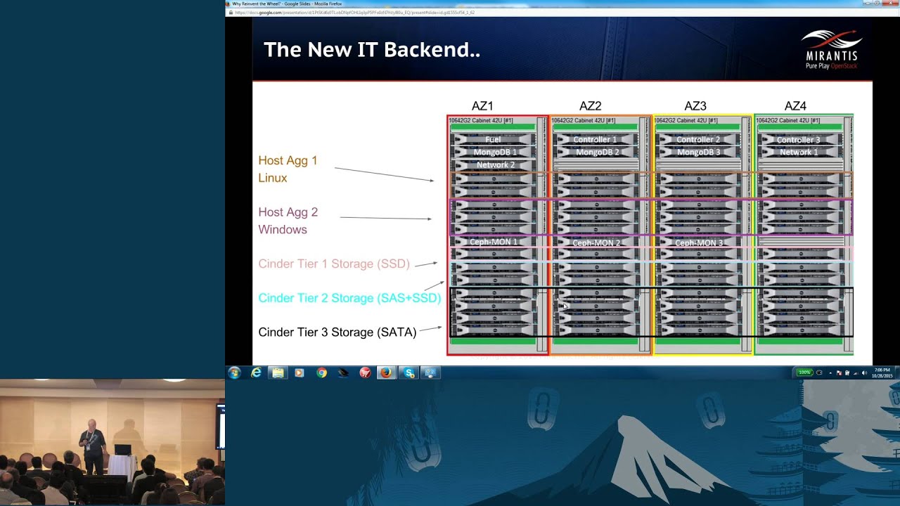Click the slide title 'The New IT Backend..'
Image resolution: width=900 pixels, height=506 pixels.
[371, 50]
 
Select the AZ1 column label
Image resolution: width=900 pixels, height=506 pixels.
[482, 106]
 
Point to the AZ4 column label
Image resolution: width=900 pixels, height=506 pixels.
[795, 106]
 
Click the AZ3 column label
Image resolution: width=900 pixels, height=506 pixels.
[695, 106]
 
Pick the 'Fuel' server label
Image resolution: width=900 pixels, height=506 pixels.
[493, 140]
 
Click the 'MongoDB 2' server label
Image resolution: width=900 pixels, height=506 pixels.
[598, 152]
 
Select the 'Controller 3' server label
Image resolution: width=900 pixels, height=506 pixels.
[798, 140]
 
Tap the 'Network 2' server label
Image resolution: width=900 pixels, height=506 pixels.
[496, 164]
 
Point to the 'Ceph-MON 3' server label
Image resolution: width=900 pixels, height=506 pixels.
[699, 243]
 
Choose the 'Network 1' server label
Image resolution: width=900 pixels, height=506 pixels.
[798, 152]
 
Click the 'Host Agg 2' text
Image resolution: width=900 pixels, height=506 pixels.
[288, 212]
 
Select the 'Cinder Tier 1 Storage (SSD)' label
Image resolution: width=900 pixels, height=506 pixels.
[334, 264]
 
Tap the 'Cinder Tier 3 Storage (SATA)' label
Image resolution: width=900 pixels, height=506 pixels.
[337, 332]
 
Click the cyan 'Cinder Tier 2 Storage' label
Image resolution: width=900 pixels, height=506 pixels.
[349, 298]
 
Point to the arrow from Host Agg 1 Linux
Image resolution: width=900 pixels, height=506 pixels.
[384, 174]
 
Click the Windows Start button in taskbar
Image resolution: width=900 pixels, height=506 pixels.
[234, 372]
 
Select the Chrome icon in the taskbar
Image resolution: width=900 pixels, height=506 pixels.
[321, 372]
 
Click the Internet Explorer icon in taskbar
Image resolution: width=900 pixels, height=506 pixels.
[256, 372]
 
